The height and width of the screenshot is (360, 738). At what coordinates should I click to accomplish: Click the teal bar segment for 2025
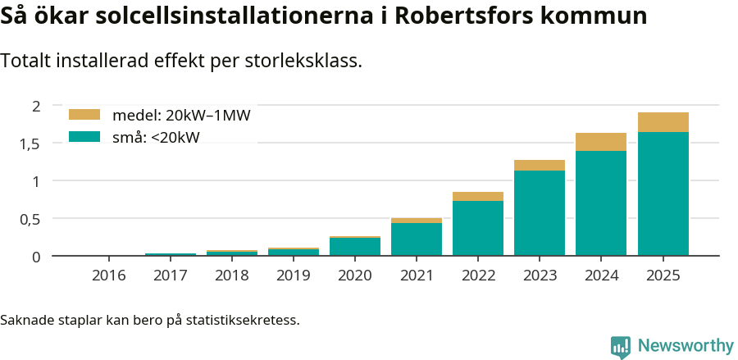[663, 194]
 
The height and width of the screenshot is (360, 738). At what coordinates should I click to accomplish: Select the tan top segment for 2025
[663, 122]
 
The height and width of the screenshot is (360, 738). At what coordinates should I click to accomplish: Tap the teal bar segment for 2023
[540, 213]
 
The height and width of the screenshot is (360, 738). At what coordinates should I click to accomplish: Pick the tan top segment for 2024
[601, 142]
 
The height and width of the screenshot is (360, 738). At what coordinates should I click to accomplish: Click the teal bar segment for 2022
[478, 228]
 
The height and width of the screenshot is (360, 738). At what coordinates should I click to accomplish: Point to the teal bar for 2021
[417, 239]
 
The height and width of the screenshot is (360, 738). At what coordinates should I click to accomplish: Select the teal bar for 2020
[355, 247]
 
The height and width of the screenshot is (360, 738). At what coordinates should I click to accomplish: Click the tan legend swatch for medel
[84, 115]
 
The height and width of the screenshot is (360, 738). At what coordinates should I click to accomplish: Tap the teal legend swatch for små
[84, 137]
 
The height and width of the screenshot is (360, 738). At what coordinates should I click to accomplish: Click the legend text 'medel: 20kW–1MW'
[181, 115]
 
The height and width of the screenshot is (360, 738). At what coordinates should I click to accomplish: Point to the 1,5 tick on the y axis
[30, 144]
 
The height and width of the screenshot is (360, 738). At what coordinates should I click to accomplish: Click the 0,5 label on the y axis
[30, 219]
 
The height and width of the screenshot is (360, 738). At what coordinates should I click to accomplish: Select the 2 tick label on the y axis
[35, 105]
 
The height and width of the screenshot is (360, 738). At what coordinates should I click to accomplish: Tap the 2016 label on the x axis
[109, 276]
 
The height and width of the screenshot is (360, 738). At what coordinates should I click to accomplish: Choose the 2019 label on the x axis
[294, 276]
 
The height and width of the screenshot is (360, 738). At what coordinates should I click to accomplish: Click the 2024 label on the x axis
[601, 276]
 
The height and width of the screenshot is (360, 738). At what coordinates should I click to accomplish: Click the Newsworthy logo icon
[621, 346]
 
